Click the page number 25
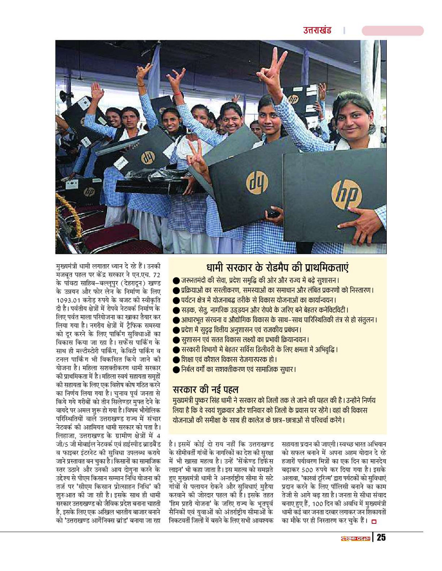[x=382, y=538]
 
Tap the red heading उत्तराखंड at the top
[x=317, y=31]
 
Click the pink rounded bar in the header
[x=392, y=31]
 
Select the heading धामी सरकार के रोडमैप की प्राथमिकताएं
[x=277, y=268]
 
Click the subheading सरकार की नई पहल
[x=206, y=389]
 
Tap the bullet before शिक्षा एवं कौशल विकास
[x=176, y=360]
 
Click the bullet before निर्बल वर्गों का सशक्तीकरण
[x=176, y=369]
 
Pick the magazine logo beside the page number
[x=355, y=538]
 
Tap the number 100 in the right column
[x=320, y=504]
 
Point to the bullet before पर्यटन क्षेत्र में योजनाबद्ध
[x=176, y=300]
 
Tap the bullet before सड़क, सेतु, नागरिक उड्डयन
[x=176, y=310]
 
